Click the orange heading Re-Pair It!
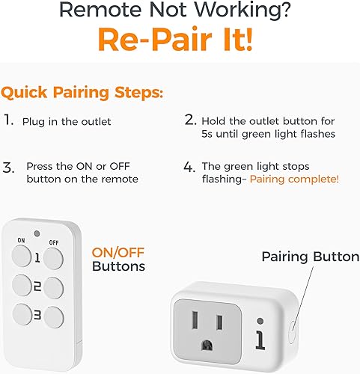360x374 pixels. [180, 40]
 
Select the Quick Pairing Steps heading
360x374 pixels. [82, 93]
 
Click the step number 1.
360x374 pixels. [8, 120]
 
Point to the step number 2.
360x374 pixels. [191, 120]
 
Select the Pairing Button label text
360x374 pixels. [310, 257]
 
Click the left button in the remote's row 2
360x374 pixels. [20, 285]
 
